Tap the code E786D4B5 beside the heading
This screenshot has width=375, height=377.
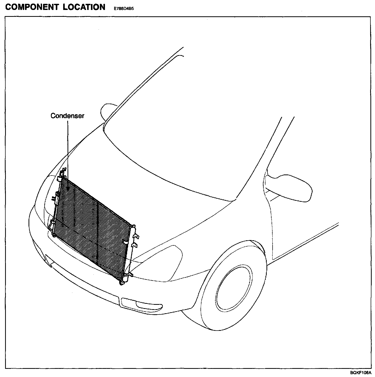[x=124, y=8]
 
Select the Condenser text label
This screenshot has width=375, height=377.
[x=67, y=116]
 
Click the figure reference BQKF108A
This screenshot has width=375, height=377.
[x=361, y=373]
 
